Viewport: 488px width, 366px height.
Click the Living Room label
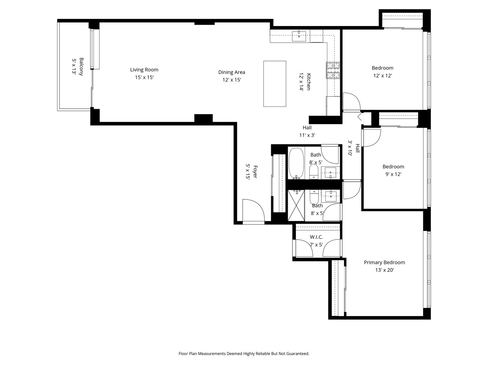point(144,70)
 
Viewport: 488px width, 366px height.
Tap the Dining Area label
point(231,72)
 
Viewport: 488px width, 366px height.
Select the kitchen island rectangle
point(274,84)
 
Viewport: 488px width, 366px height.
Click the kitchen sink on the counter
point(299,36)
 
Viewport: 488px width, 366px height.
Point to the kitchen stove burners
point(333,70)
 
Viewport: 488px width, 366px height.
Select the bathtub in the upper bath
point(296,163)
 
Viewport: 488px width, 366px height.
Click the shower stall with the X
point(296,205)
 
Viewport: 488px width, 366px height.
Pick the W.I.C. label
point(316,237)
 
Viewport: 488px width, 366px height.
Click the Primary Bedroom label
point(384,262)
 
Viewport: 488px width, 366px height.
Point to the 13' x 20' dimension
point(384,270)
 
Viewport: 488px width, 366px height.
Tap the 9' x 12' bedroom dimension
point(393,174)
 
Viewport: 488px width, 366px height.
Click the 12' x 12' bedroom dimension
point(382,76)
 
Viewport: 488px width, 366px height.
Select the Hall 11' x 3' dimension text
point(307,135)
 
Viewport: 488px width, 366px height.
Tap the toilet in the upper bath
point(314,171)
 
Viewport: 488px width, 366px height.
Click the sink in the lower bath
point(331,196)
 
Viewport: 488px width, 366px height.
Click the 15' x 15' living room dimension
point(144,77)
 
